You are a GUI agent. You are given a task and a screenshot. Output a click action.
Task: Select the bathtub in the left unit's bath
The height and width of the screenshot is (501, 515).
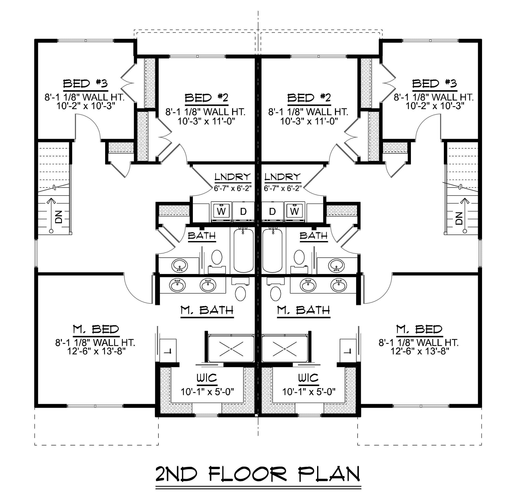coord(243,250)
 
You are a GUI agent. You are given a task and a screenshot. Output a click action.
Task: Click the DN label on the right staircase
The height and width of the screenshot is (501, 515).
coord(459,218)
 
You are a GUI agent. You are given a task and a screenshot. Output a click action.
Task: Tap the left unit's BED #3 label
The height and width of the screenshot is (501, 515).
coord(85,84)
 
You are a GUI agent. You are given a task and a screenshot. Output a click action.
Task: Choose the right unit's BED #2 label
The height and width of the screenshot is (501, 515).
coord(309,98)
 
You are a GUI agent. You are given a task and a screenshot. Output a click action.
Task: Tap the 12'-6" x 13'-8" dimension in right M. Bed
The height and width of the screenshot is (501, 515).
coord(419,351)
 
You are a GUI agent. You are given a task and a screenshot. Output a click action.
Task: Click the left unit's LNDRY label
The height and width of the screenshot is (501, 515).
coord(233,177)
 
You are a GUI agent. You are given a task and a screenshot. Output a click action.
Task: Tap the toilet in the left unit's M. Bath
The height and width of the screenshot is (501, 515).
coord(240,289)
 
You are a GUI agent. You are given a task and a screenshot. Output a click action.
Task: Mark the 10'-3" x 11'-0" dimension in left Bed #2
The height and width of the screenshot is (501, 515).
coord(206,121)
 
